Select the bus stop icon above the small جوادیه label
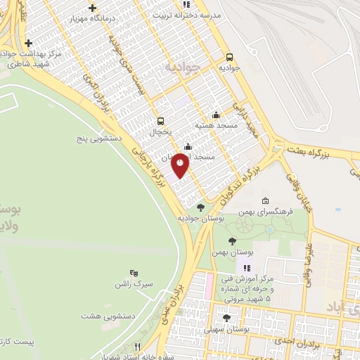click(x=229, y=58)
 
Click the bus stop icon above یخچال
click(x=161, y=121)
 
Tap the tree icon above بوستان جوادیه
click(x=202, y=207)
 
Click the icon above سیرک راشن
click(x=134, y=273)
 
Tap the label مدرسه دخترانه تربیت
click(x=190, y=15)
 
